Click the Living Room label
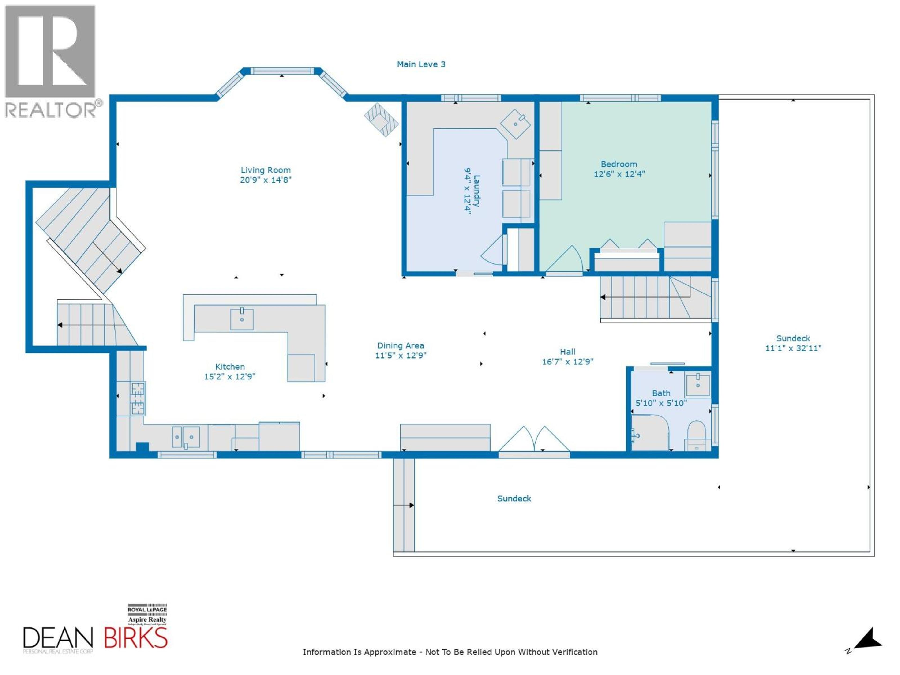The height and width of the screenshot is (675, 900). click(266, 170)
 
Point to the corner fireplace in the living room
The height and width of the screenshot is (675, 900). click(381, 120)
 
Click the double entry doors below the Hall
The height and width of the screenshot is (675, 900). click(534, 440)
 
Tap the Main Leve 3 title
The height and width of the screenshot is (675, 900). click(421, 64)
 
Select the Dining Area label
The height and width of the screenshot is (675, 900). click(400, 345)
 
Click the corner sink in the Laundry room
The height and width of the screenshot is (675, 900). click(515, 123)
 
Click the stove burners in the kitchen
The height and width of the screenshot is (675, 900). click(138, 398)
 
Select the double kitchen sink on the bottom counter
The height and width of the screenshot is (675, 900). click(186, 437)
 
